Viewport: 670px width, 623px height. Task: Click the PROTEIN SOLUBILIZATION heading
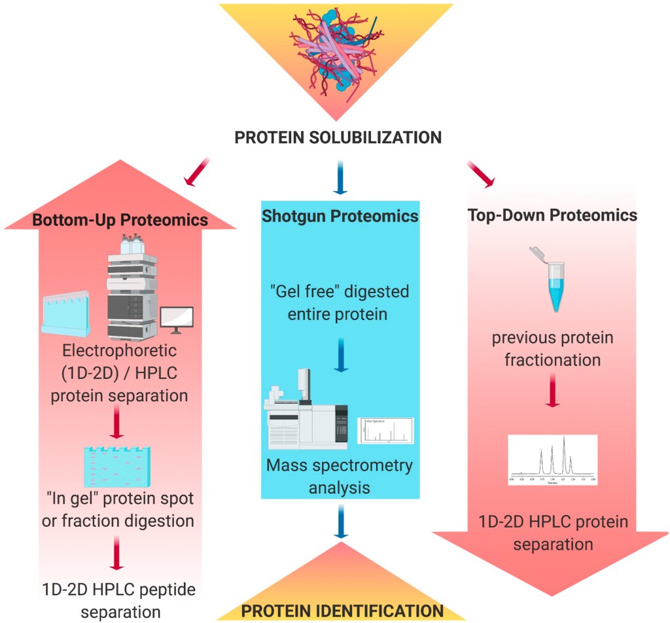tap(338, 138)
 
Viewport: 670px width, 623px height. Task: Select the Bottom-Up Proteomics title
tap(120, 220)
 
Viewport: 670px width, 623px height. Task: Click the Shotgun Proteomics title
tap(340, 217)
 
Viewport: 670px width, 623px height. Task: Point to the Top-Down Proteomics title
tap(553, 215)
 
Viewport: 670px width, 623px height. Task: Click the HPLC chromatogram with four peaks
tap(552, 459)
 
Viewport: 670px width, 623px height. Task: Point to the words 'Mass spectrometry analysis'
tap(339, 476)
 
